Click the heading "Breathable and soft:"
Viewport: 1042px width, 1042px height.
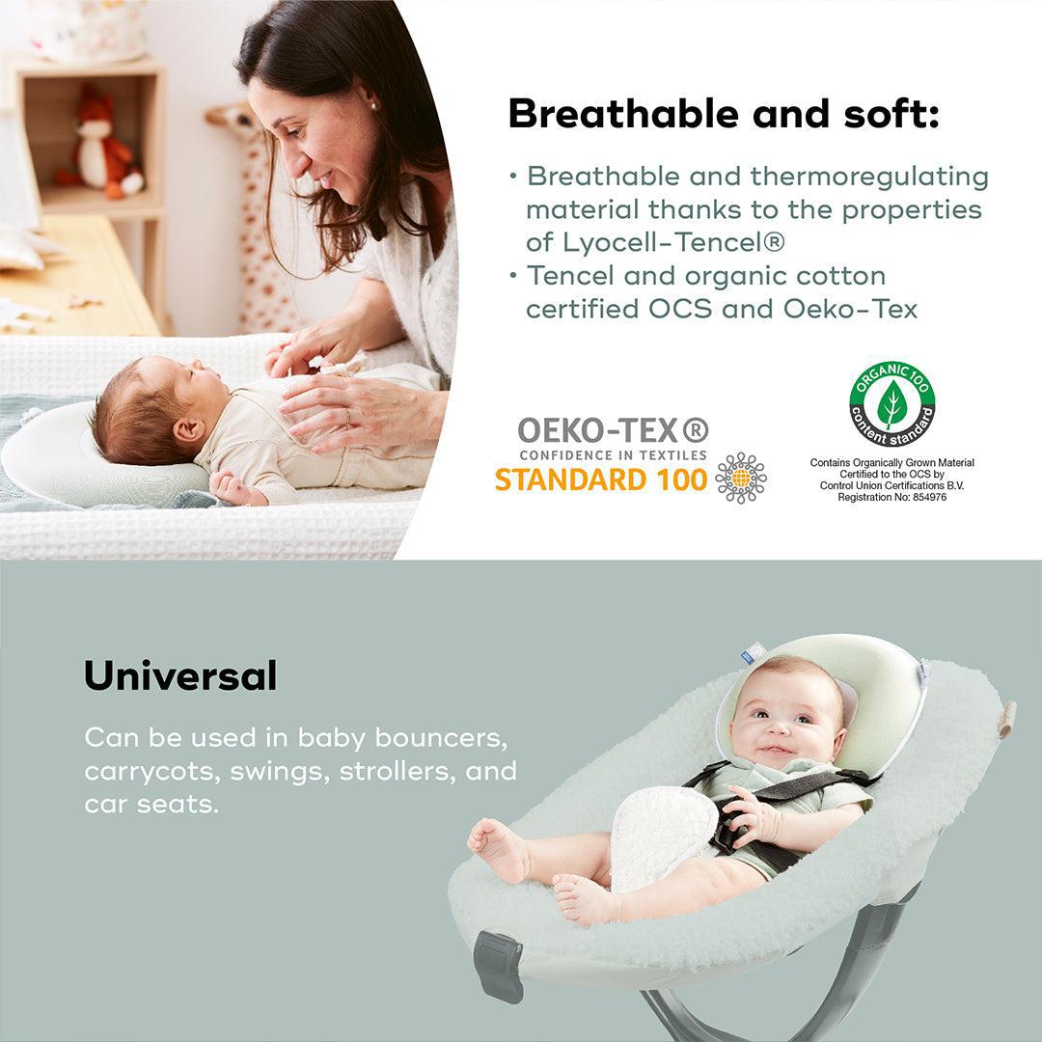click(x=723, y=114)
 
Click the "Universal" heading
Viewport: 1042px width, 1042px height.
click(x=180, y=676)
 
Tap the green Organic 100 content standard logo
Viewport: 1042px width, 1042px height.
click(x=891, y=404)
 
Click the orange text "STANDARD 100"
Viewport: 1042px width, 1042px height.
click(x=601, y=480)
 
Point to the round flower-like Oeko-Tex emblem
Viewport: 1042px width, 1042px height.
click(x=741, y=478)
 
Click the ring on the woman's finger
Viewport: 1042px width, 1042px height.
click(x=348, y=417)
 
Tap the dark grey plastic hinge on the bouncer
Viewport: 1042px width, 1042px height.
click(x=498, y=966)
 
